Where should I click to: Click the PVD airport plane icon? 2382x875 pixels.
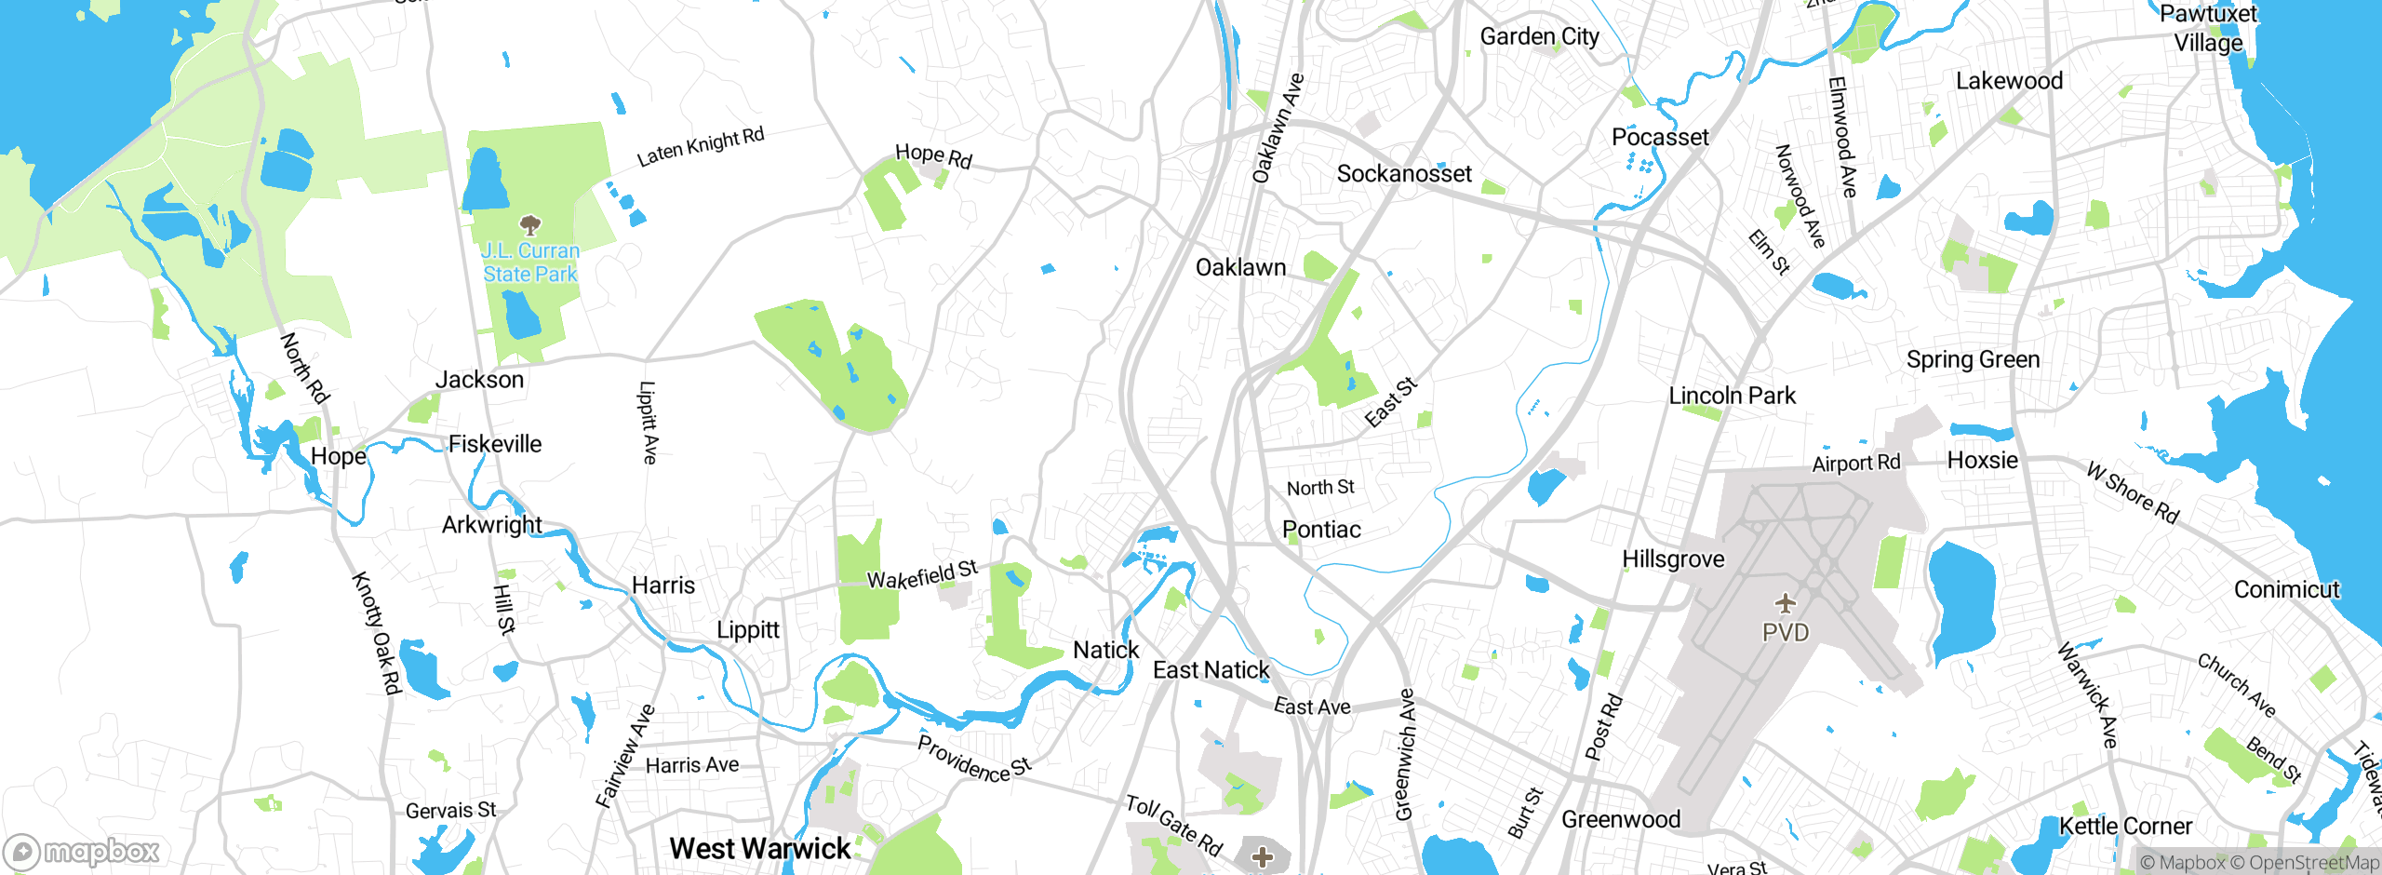click(1785, 603)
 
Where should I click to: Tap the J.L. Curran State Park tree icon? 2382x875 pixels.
click(529, 224)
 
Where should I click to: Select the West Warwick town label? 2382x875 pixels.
click(759, 848)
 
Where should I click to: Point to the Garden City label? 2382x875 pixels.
click(1539, 36)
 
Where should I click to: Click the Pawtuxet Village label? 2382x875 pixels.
click(2207, 28)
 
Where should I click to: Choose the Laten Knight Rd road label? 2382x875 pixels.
click(700, 147)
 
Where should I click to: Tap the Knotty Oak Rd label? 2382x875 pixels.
click(377, 632)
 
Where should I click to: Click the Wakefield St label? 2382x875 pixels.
click(921, 574)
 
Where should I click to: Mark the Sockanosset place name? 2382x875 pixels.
click(1403, 173)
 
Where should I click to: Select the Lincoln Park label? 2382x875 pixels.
click(1732, 396)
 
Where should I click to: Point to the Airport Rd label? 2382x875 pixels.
click(1855, 463)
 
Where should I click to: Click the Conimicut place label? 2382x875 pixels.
click(2285, 589)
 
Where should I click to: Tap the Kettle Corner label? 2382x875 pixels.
click(2125, 826)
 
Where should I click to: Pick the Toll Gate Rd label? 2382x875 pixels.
click(1173, 825)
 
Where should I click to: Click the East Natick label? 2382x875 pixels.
click(1211, 669)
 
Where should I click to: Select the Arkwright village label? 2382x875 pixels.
click(491, 524)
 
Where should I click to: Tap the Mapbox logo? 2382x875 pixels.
click(82, 851)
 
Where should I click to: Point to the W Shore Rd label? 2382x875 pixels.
click(2132, 492)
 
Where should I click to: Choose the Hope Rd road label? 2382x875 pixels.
click(932, 155)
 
